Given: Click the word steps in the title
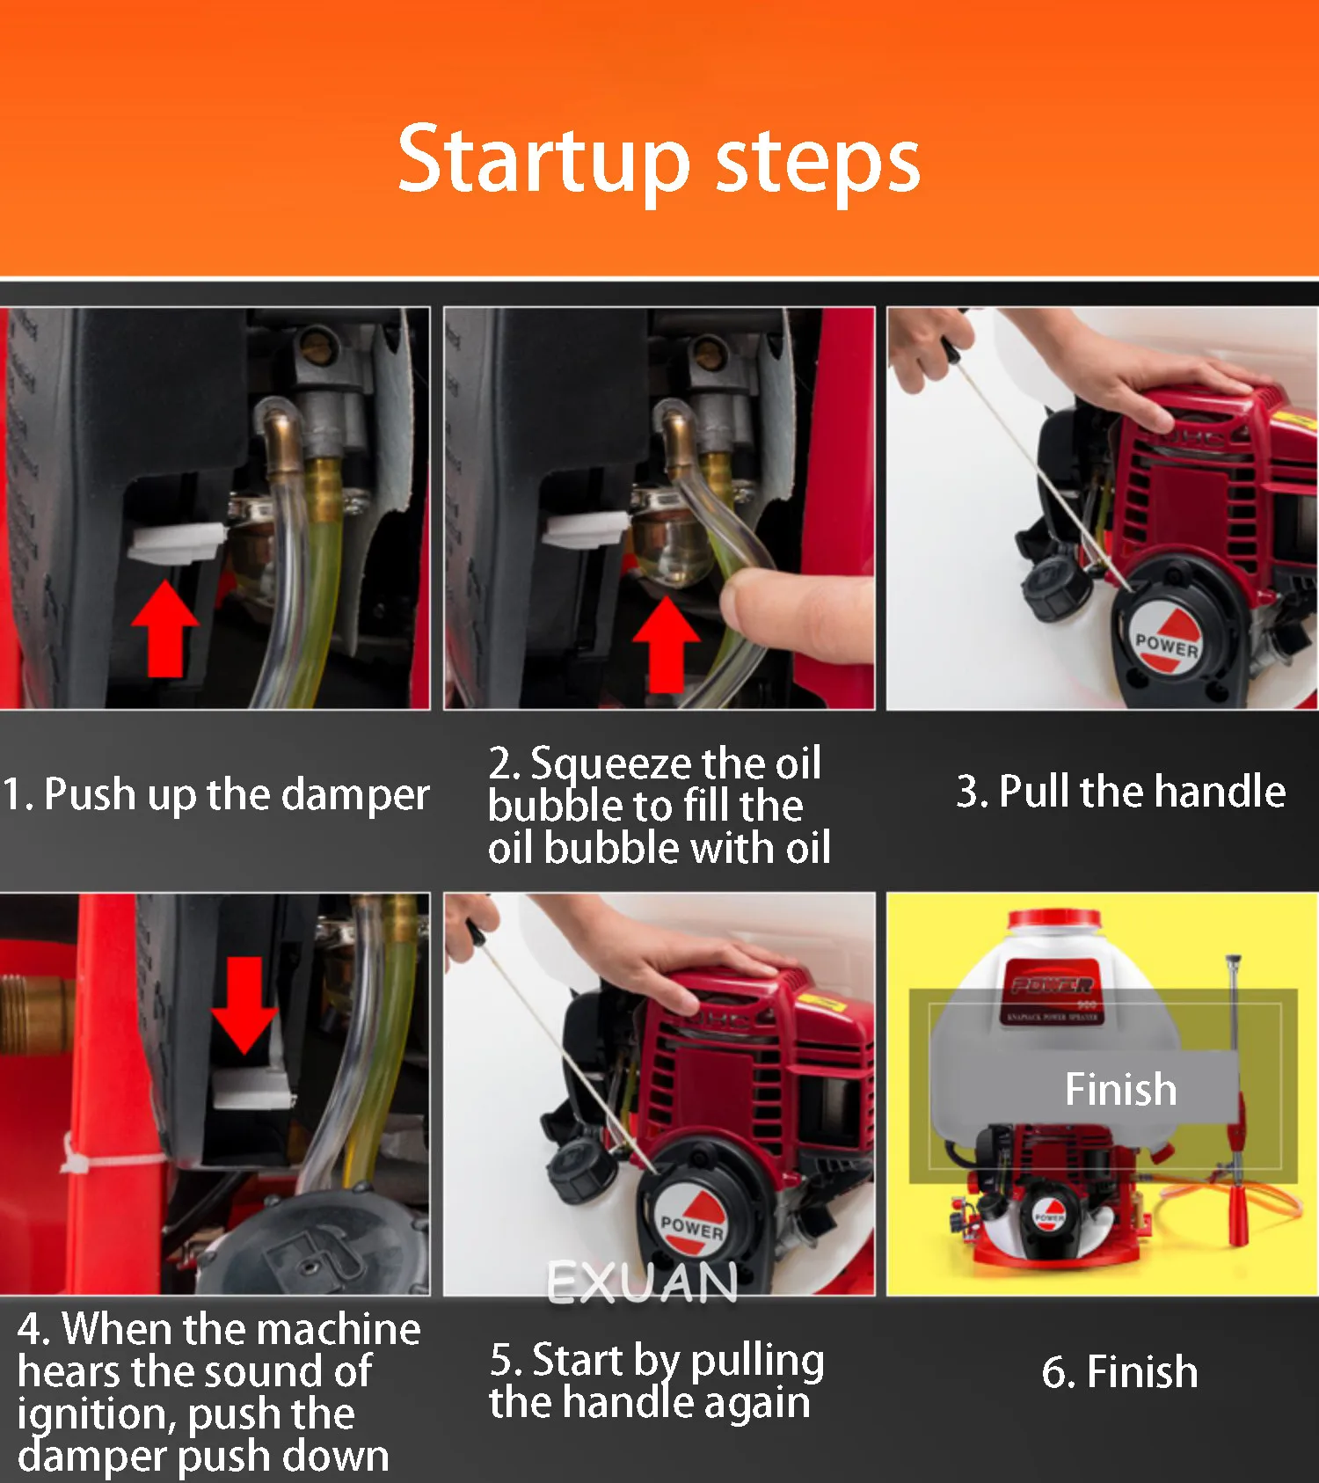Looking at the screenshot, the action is tap(819, 164).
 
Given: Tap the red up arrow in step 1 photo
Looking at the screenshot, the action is tap(165, 627).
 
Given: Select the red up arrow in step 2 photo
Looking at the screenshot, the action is tap(666, 644).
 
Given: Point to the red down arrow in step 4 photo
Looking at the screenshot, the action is tap(244, 1004).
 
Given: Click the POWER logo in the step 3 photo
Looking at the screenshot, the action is tap(1166, 641).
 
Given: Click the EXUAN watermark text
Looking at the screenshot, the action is tap(642, 1282).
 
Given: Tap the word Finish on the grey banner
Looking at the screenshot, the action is tap(1121, 1089).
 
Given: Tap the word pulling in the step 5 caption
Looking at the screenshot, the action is tap(757, 1362).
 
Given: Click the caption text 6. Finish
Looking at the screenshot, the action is tap(1119, 1371).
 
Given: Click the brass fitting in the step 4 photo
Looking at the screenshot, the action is tap(35, 1014).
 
